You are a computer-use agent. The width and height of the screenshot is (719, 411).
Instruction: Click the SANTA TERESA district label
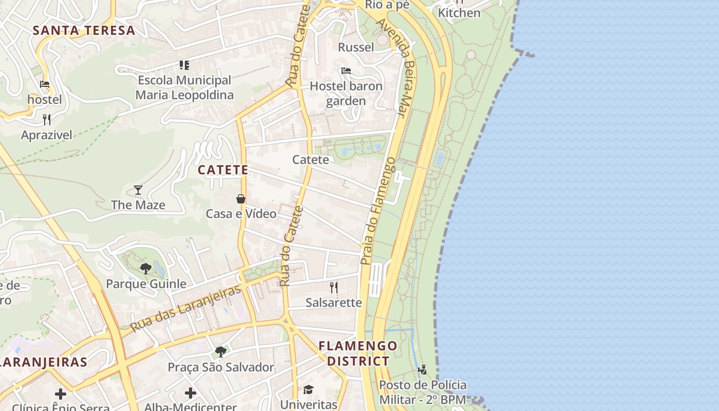[x=84, y=30]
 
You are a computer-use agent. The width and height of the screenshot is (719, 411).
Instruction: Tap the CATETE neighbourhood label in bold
[x=223, y=170]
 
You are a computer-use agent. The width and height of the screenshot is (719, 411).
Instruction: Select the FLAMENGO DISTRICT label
[x=358, y=353]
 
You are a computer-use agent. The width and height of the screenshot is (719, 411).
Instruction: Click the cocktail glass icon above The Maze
[x=138, y=190]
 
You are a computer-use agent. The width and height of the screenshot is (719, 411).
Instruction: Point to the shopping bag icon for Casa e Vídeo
[x=240, y=199]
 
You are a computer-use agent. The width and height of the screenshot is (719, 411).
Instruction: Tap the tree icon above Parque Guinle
[x=146, y=268]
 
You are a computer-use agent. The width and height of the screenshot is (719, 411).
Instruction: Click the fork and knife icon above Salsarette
[x=334, y=287]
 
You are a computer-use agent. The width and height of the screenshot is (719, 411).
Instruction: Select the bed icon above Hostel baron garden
[x=346, y=71]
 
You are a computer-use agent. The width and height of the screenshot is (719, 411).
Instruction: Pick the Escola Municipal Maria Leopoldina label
[x=184, y=87]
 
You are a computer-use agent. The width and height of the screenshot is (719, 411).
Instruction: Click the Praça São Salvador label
[x=221, y=367]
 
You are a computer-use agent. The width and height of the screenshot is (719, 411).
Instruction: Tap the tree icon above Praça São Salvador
[x=221, y=352]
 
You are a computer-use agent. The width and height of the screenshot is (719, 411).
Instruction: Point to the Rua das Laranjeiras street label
[x=185, y=308]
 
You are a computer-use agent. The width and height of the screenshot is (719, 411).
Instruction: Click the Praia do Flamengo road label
[x=377, y=211]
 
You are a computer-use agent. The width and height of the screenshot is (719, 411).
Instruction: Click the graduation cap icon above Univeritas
[x=308, y=390]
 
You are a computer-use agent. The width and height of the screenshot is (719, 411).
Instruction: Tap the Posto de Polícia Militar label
[x=423, y=392]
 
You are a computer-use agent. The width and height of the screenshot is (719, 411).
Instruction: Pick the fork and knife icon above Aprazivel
[x=47, y=120]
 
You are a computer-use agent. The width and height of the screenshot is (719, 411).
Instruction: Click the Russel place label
[x=356, y=47]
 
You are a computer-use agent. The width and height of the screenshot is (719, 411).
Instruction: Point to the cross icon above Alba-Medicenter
[x=191, y=393]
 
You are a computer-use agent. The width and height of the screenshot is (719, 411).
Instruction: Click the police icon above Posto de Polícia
[x=423, y=369]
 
